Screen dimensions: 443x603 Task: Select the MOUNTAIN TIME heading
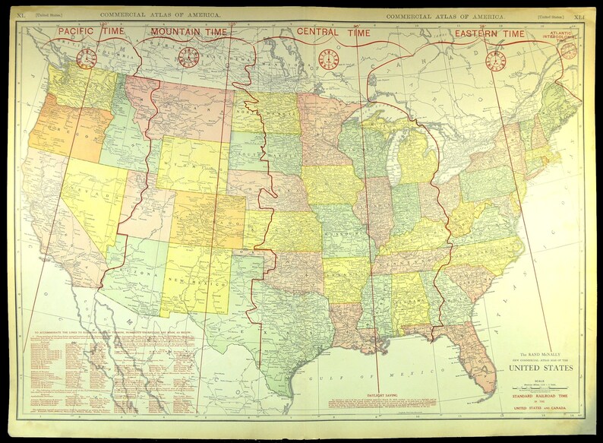(x=188, y=32)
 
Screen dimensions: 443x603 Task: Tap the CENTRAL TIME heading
(x=334, y=33)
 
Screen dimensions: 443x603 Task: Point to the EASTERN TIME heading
(x=489, y=33)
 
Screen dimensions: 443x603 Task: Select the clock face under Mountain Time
(x=188, y=57)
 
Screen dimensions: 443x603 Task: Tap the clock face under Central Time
(x=329, y=59)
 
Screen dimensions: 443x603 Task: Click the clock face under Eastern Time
(x=495, y=59)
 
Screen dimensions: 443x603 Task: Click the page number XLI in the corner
(x=579, y=15)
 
